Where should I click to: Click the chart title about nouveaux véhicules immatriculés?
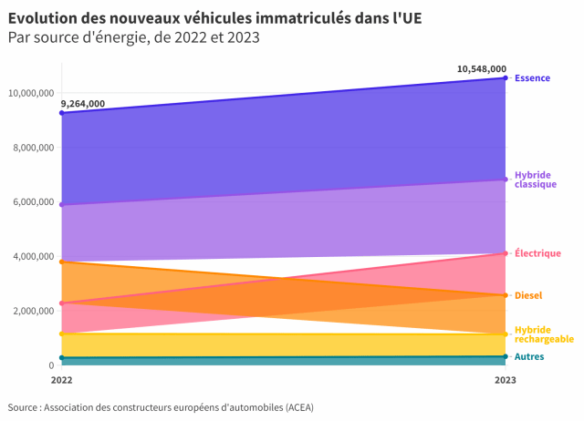pos(214,18)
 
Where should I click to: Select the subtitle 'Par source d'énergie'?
pos(133,37)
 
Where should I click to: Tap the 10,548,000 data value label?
pos(482,68)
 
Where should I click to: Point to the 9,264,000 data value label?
pos(83,104)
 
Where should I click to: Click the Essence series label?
pos(532,78)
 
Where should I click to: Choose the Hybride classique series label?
pos(536,180)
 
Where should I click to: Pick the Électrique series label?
pos(537,253)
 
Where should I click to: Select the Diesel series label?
pos(528,295)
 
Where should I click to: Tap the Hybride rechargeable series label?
pos(544,334)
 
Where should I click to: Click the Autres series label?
pos(529,356)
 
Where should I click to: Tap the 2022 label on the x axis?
pos(62,379)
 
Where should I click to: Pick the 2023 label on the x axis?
pos(506,379)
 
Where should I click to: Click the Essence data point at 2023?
pos(506,78)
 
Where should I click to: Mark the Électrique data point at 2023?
pos(506,253)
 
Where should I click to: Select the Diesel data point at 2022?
pos(61,262)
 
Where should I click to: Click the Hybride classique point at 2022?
pos(61,205)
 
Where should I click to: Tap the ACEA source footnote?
pos(160,406)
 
